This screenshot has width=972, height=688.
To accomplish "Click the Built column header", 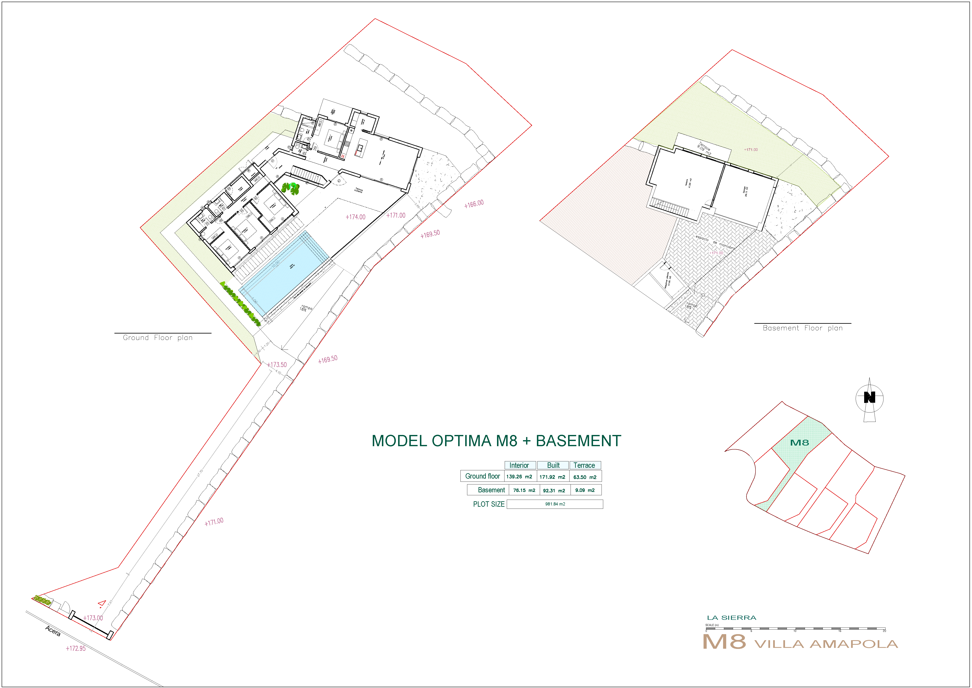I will (553, 465).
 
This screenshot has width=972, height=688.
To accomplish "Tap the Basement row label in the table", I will (491, 490).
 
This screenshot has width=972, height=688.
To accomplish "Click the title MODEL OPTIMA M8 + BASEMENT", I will (496, 441).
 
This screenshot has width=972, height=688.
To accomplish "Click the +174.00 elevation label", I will (355, 217).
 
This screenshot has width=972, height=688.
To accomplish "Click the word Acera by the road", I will (53, 631).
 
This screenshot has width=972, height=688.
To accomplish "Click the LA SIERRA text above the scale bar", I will (732, 618).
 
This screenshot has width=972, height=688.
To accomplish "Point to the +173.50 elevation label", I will (277, 365).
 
